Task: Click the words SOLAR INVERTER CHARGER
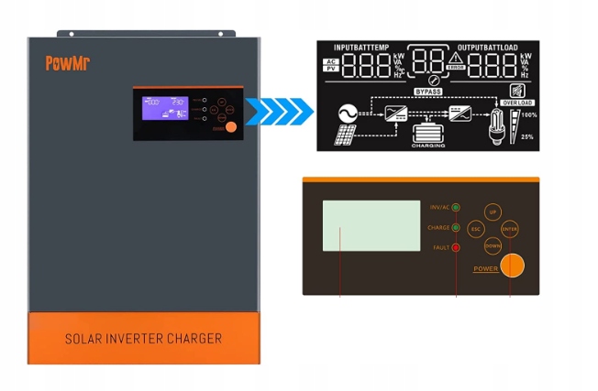pos(143,339)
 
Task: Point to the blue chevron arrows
pos(284,114)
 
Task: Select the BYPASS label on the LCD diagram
pos(428,92)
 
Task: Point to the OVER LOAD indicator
pos(517,103)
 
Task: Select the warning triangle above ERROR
pos(456,56)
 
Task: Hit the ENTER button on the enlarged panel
pos(511,228)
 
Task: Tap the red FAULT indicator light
pos(456,247)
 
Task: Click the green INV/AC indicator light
pos(456,208)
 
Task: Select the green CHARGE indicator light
pos(456,227)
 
